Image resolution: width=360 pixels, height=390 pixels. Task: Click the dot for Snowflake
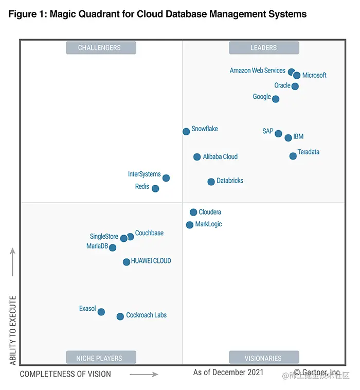[186, 132]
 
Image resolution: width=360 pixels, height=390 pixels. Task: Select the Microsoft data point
[297, 75]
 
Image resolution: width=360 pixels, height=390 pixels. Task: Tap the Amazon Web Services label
[257, 70]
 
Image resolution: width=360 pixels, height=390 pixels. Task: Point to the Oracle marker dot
[295, 86]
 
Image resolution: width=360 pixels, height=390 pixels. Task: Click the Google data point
[276, 99]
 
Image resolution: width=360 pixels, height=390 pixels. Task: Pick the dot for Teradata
[293, 156]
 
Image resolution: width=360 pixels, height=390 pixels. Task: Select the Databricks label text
[230, 181]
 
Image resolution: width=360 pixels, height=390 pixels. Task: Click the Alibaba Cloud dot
[197, 157]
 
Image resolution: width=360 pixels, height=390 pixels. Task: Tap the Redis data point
[155, 189]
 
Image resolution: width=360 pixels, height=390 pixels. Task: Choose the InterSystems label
[144, 174]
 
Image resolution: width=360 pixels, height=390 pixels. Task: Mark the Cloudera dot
[193, 212]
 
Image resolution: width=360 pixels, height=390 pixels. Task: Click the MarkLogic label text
[208, 224]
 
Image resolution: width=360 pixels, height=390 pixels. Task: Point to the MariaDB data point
[113, 247]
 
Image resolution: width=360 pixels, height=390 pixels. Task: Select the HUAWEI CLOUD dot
[127, 262]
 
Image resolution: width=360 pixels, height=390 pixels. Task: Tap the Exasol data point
[101, 312]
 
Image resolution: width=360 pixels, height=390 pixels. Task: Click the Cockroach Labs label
[146, 315]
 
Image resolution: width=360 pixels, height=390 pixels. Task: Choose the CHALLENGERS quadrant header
[101, 48]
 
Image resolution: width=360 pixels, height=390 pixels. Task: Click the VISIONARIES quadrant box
[263, 358]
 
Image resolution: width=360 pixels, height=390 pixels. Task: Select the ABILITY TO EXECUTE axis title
[13, 330]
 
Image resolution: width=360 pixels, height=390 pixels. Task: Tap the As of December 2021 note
[228, 372]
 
